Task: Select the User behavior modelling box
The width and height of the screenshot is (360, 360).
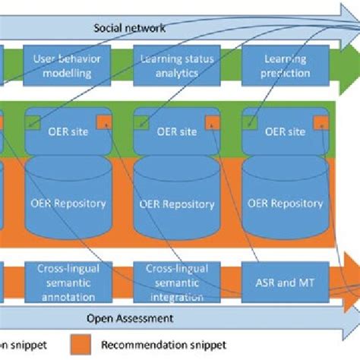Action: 68,65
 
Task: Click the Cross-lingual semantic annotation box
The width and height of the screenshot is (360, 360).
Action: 68,283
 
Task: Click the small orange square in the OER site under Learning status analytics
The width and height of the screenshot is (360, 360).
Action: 213,121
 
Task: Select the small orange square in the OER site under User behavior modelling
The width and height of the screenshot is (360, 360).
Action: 104,121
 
